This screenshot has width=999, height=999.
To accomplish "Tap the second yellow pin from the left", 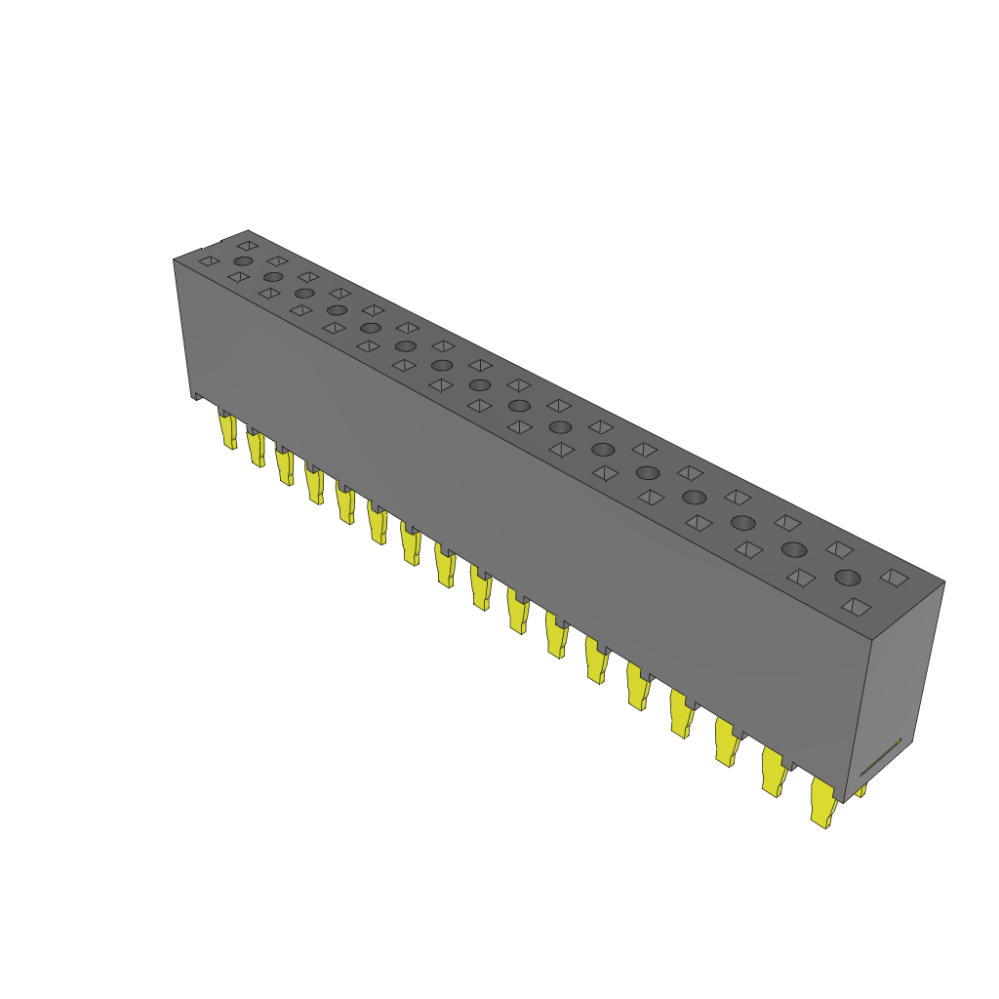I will pos(257,449).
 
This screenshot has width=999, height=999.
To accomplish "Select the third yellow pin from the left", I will pos(285,465).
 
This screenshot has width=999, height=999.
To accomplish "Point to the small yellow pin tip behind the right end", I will pos(861,790).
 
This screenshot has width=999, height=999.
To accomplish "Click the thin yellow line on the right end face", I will pos(880,757).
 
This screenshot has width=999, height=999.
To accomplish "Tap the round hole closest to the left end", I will pos(243,261).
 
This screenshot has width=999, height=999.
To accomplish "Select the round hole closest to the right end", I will pos(847,577).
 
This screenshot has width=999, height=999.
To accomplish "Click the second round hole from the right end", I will pos(793,549).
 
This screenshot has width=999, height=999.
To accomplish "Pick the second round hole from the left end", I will pos(273,277).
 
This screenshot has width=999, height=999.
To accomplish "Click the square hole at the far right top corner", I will pos(893,578).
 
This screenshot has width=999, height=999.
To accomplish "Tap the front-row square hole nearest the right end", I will pos(857,607).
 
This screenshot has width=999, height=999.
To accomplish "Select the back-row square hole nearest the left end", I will pos(248,245).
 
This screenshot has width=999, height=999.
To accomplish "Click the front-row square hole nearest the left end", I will pos(208,261).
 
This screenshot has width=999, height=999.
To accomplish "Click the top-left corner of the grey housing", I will pos(175,260).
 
